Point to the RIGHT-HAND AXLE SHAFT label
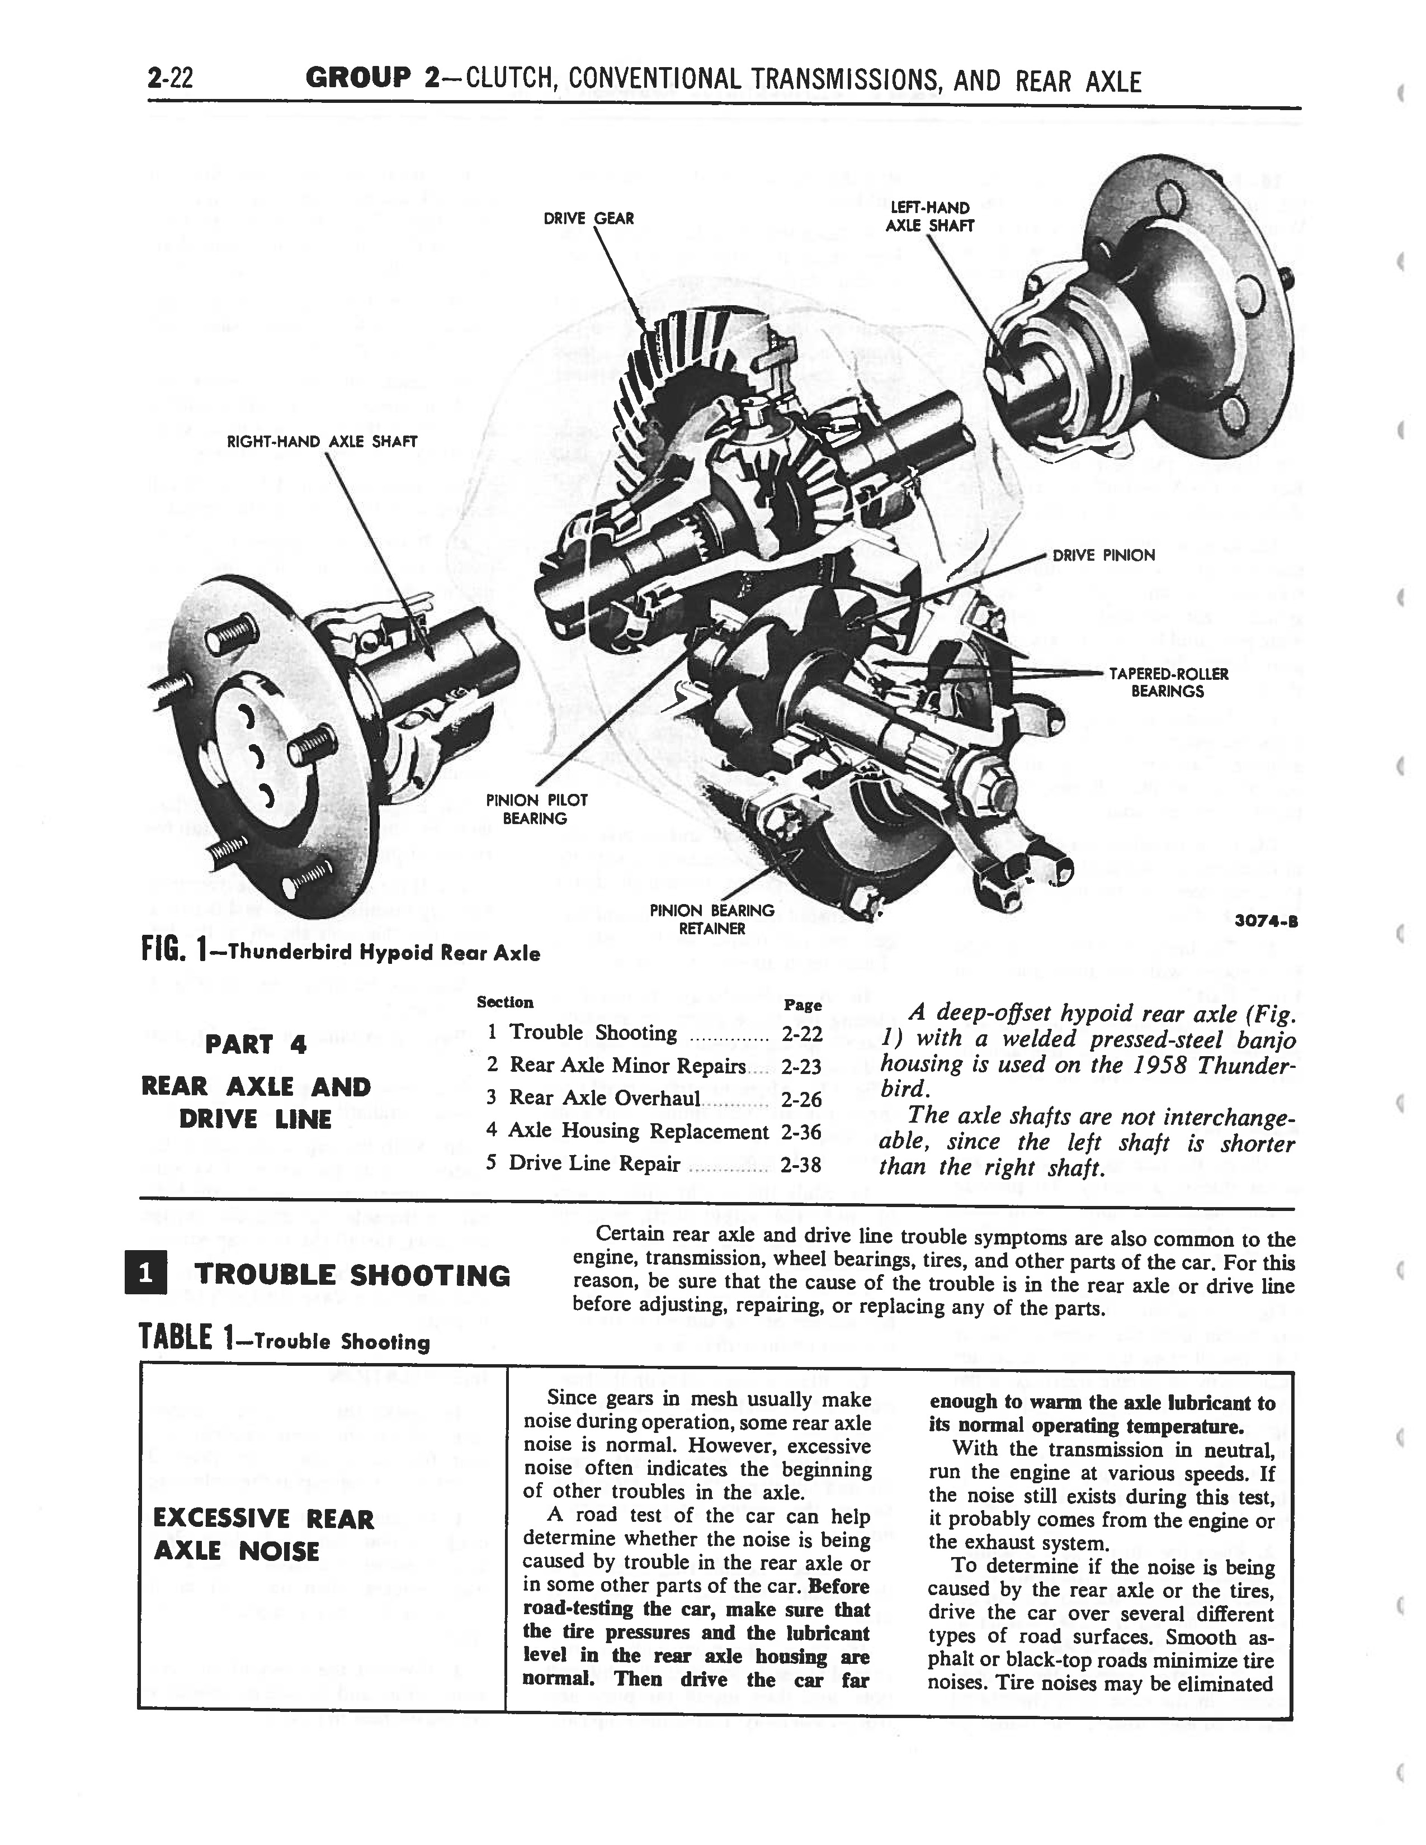pos(322,441)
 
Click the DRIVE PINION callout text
pos(1103,555)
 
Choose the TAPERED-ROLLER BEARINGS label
pos(1168,683)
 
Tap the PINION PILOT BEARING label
pos(536,808)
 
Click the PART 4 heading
pos(255,1044)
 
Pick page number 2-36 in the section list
pos(801,1131)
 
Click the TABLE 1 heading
pos(284,1341)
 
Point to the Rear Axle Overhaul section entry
pos(604,1097)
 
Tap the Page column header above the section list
pos(802,1005)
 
